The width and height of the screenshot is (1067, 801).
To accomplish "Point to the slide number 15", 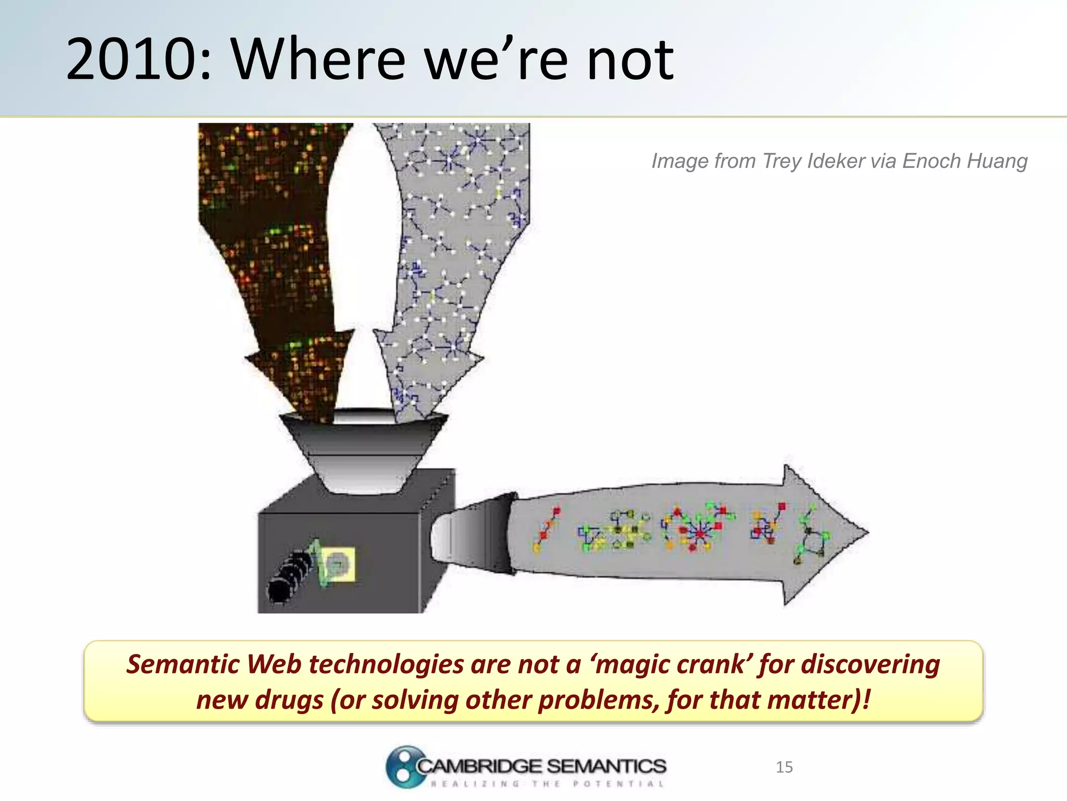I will coord(784,767).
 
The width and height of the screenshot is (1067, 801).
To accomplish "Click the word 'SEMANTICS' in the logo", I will coord(607,766).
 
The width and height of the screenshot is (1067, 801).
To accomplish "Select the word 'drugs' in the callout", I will coord(289,700).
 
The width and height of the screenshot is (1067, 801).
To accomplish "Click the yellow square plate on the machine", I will coord(339,564).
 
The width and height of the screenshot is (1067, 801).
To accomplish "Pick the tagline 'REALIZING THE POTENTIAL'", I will coord(547,784).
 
